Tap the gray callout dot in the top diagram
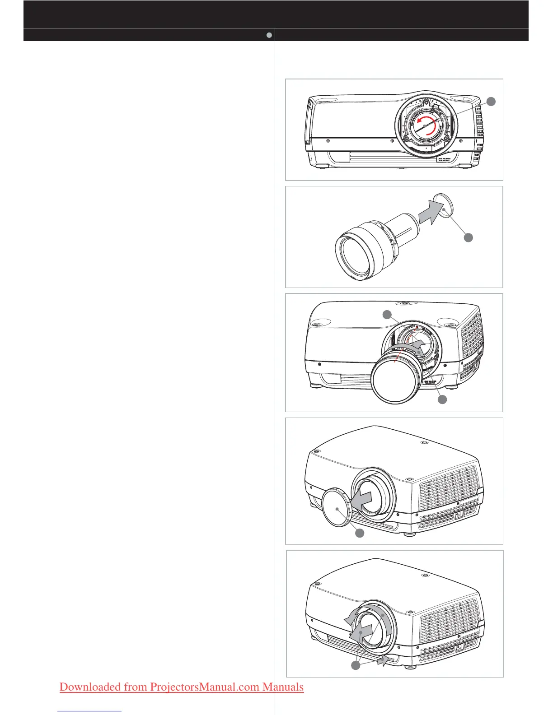coord(491,102)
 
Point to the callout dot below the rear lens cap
coord(469,237)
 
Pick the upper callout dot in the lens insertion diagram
coord(387,315)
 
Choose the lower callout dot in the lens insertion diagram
coord(442,399)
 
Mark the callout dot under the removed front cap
coord(360,533)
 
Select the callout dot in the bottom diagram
coord(356,666)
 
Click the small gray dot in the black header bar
coord(269,35)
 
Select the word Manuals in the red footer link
coord(283,687)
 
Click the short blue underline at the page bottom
coord(90,710)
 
